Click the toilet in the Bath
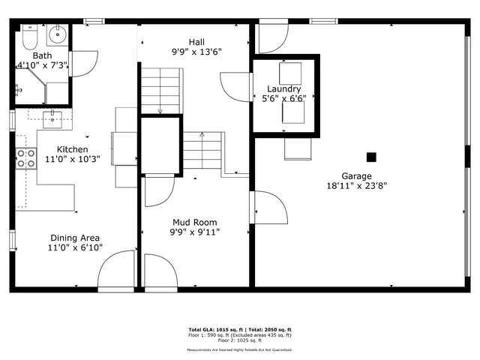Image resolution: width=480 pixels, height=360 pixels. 29,36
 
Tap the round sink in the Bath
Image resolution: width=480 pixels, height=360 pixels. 58,34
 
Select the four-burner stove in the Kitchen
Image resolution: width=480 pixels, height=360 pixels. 26,157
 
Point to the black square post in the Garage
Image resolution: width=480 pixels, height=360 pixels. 370,157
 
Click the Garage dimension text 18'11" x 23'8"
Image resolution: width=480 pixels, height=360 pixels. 356,185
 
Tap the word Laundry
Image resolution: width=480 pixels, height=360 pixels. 283,88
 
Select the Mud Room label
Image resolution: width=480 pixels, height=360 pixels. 194,222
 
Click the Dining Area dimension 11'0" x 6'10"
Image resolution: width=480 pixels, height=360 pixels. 75,247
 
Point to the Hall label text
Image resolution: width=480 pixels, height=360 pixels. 196,42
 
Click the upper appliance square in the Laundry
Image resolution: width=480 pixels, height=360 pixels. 289,73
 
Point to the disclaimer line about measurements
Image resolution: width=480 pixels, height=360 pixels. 239,349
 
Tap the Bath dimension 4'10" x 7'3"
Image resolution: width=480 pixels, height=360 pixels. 42,65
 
